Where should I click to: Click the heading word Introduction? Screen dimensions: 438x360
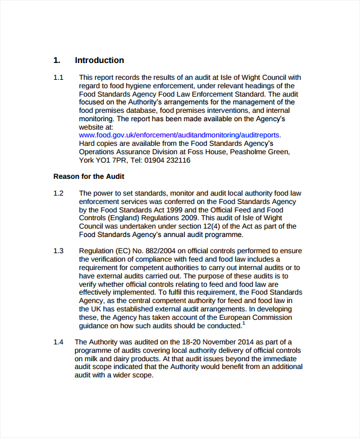pos(99,60)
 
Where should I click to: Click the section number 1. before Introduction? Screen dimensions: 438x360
pos(56,60)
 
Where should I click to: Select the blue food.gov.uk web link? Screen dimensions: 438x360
pos(179,136)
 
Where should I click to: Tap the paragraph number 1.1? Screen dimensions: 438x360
pos(58,77)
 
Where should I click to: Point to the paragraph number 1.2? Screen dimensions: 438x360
pos(58,193)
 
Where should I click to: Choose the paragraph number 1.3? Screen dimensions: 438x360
pos(58,251)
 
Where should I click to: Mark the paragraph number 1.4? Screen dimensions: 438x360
pos(58,342)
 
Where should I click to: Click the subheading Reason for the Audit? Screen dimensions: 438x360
pos(89,176)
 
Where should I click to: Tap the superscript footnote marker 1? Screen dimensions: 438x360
pos(244,324)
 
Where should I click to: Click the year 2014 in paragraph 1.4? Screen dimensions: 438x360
pos(233,342)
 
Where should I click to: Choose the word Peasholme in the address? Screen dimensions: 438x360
pos(246,152)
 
